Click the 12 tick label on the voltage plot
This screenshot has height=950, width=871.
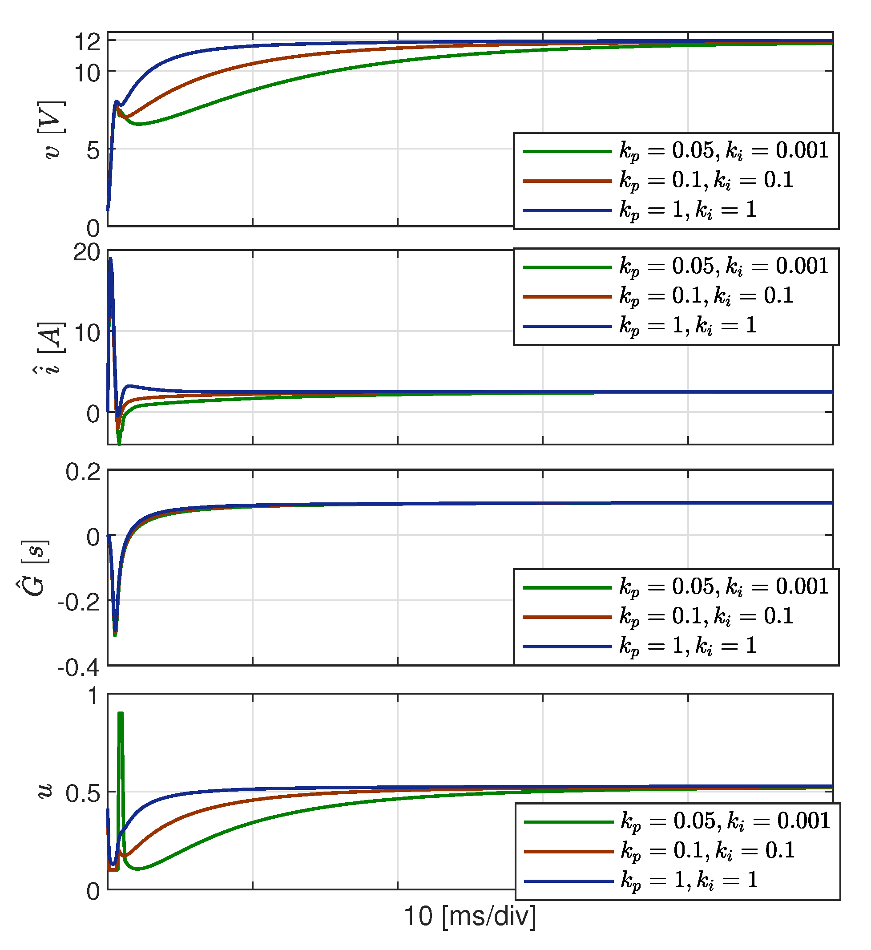[88, 42]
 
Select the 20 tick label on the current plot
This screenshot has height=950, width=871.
[87, 253]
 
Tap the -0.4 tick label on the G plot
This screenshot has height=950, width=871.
[79, 668]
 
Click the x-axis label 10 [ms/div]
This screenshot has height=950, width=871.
[470, 917]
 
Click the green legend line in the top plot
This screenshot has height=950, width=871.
[567, 151]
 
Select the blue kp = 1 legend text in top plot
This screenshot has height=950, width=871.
[688, 210]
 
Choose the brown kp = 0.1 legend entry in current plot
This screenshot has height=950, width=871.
[706, 296]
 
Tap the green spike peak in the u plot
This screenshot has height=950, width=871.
[121, 715]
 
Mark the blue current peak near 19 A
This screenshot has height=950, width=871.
[110, 259]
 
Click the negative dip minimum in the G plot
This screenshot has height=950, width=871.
[115, 635]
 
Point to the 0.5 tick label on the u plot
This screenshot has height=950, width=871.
[83, 794]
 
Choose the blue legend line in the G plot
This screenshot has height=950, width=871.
[567, 647]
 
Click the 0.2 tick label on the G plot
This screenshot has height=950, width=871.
[83, 473]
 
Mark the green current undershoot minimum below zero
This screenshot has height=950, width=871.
[119, 444]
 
